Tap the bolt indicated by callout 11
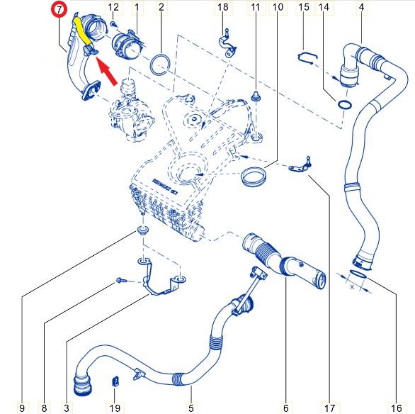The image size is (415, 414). (x=254, y=94)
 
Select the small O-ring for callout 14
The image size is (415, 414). (x=344, y=106)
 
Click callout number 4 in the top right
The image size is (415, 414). (x=362, y=8)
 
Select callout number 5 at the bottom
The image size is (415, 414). (x=191, y=408)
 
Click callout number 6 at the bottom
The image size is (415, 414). (x=286, y=408)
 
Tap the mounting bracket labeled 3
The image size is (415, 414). (x=162, y=284)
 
